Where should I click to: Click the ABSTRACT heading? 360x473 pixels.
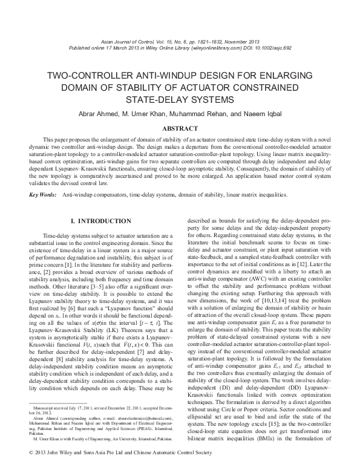[180, 128]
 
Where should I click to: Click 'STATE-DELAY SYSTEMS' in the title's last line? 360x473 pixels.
[180, 99]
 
